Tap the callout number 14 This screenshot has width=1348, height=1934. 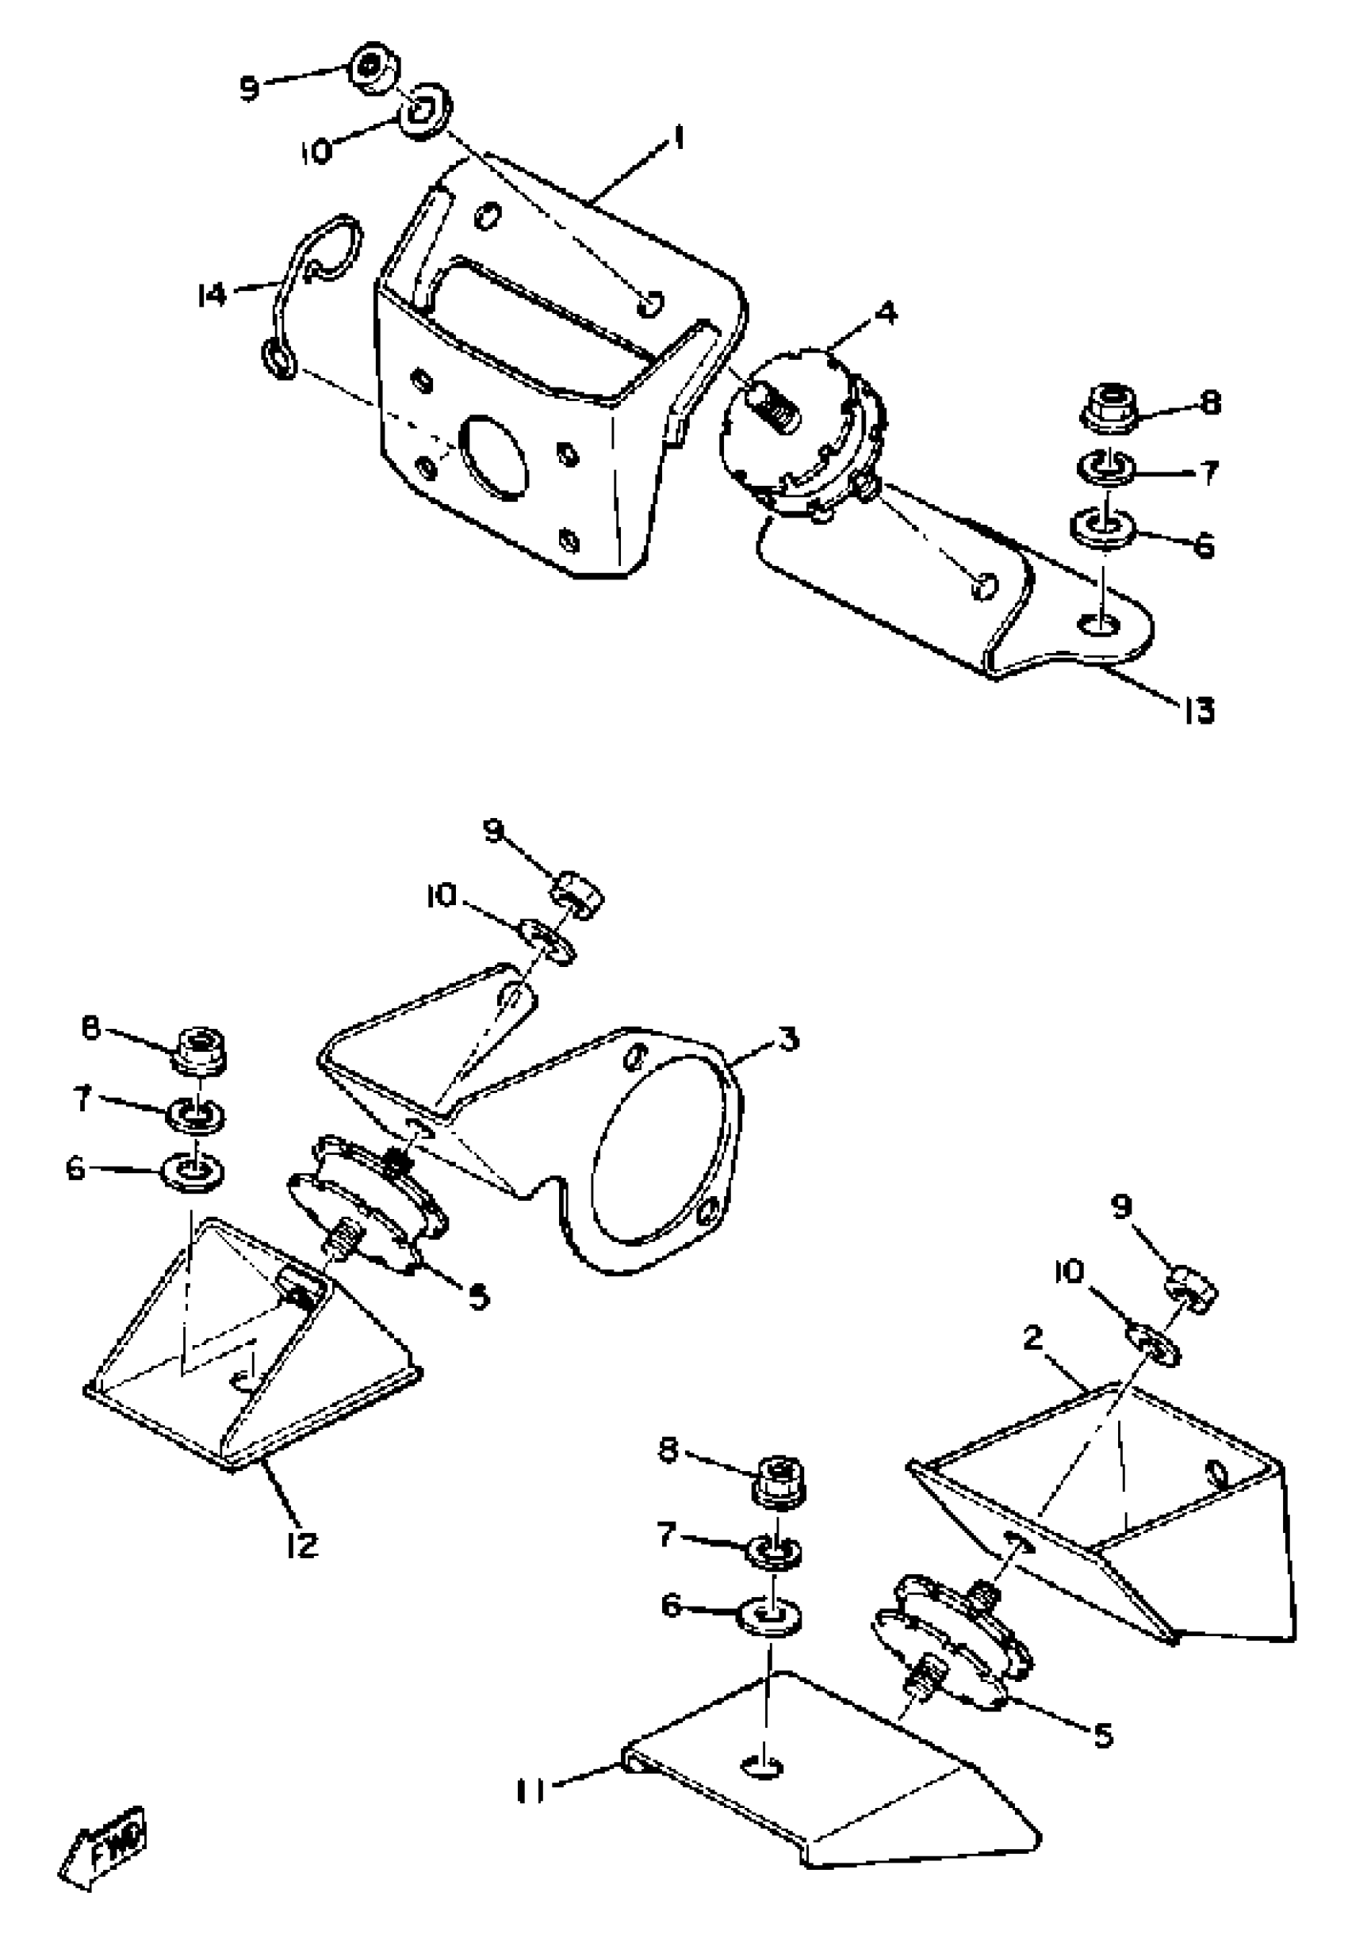coord(212,295)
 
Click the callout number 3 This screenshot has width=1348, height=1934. coord(787,1040)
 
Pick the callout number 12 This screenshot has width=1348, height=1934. coord(301,1544)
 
